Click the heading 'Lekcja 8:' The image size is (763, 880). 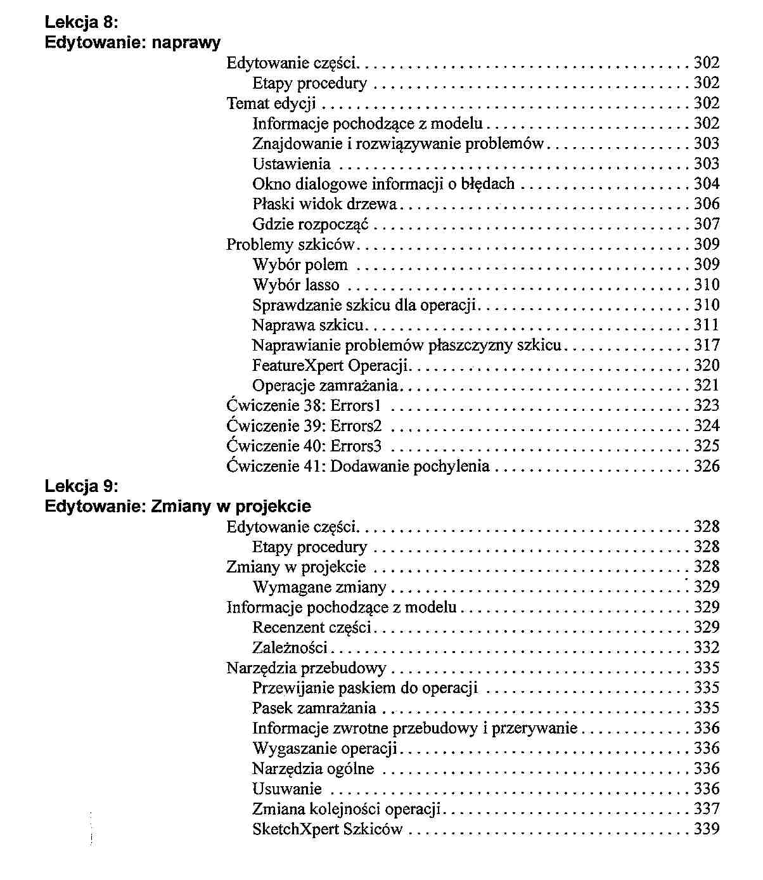pos(82,23)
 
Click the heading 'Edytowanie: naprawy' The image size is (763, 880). pos(133,43)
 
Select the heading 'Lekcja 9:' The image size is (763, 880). pos(82,486)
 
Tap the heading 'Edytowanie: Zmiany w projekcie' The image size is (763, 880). pos(178,507)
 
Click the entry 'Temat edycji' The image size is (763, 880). pos(271,103)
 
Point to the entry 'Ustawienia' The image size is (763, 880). pos(292,164)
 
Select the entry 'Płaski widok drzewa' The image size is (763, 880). pos(324,204)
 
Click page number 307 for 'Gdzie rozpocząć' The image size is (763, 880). pos(707,224)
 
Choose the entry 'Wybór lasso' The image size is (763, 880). pos(296,285)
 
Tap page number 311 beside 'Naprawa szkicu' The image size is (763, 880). pos(707,325)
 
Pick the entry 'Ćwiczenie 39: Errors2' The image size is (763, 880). pos(304,426)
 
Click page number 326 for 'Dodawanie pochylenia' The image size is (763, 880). pos(707,467)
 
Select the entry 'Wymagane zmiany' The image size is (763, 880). pos(319,588)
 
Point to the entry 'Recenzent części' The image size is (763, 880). pos(312,628)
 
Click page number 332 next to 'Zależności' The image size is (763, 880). pos(707,648)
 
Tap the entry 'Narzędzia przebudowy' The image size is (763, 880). pos(307,668)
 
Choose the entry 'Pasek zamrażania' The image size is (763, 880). pos(314,708)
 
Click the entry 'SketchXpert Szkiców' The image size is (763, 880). pos(328,829)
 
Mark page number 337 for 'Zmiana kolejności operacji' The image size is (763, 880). pos(707,809)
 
